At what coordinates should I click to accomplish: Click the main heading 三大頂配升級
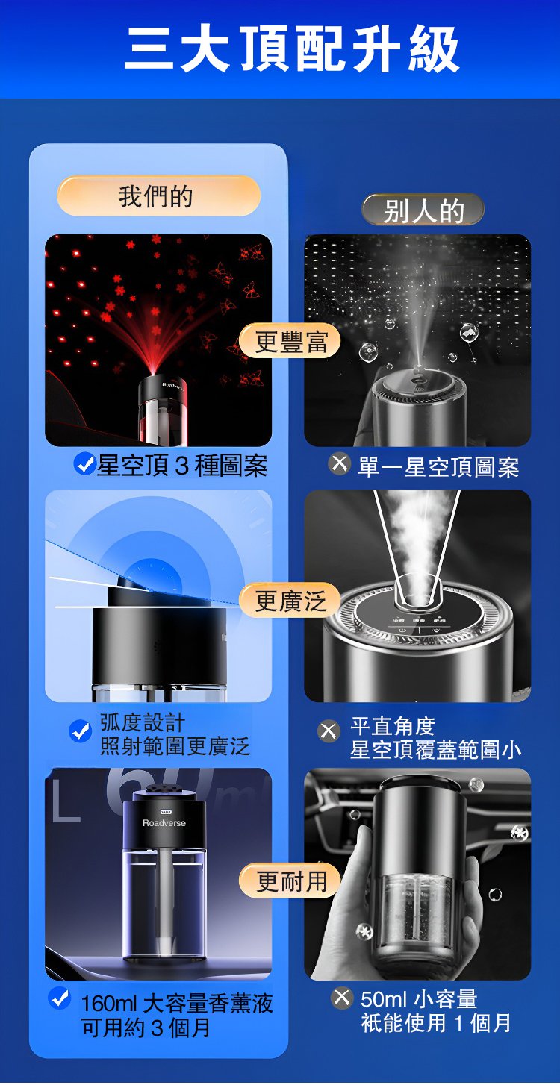pos(292,49)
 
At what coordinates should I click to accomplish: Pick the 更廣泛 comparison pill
pos(290,601)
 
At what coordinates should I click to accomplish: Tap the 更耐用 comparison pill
pos(290,880)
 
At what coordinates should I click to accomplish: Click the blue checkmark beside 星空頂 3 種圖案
pos(84,465)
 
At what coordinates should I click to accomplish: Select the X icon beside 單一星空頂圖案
pos(339,464)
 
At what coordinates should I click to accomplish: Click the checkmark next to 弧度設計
pos(80,731)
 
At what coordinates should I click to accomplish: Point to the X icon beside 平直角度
pos(329,731)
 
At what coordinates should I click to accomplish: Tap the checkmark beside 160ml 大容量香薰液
pos(60,998)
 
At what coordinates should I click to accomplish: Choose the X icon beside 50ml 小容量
pos(341,998)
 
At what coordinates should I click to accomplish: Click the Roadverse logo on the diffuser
pos(164,823)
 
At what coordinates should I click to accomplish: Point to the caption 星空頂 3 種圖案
pos(182,466)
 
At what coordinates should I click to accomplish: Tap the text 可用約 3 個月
pos(146,1028)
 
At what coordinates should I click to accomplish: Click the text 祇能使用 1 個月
pos(436,1022)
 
